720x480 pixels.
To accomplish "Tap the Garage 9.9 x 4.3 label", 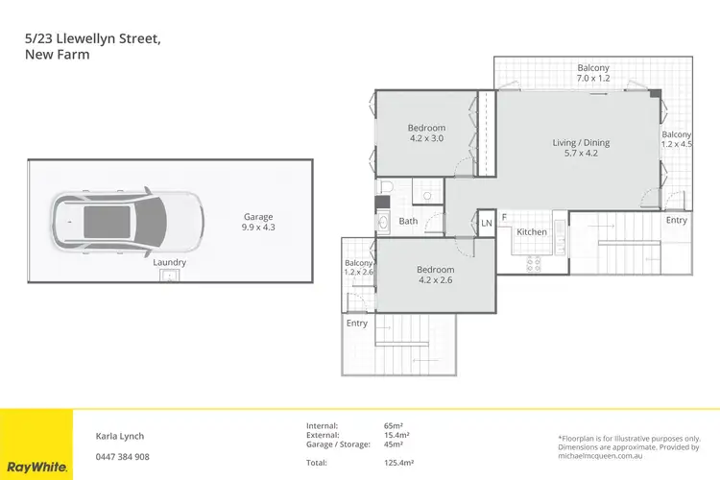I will tap(257, 223).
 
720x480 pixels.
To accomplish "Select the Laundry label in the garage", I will tap(169, 262).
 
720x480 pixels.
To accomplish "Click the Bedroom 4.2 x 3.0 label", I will tap(426, 134).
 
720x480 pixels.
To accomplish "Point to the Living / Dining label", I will tap(581, 149).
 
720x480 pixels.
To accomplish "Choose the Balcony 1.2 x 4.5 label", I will tap(676, 141).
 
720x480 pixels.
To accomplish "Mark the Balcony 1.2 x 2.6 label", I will tap(358, 269).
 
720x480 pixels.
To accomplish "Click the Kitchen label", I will tap(532, 232).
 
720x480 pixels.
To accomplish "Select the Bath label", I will tap(408, 221).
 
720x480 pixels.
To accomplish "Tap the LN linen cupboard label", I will tap(486, 225).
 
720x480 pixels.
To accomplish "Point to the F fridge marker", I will tap(505, 217).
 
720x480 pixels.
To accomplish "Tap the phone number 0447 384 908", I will tap(123, 456).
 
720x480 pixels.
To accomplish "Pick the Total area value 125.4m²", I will tap(398, 463).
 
